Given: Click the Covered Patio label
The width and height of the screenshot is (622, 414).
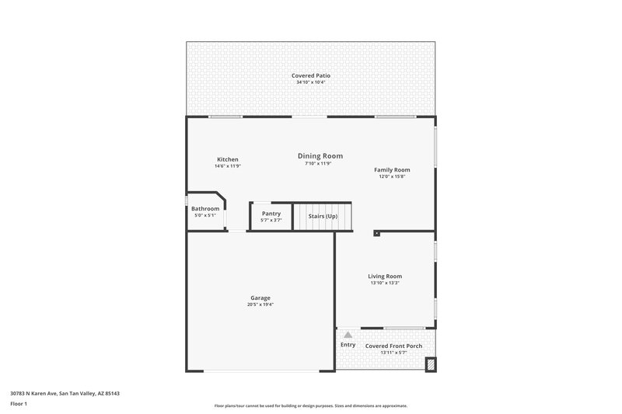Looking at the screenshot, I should point(311,75).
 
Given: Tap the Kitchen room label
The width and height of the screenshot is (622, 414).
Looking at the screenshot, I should point(228,159).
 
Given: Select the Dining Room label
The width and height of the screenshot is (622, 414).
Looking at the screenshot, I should point(320,156).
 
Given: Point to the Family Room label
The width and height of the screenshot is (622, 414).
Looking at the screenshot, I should point(392,169).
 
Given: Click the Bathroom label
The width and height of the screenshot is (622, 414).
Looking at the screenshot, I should point(205,208).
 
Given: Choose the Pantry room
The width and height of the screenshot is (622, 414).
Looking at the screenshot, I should point(271,217).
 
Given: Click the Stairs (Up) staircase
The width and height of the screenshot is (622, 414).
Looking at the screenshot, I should point(322,216).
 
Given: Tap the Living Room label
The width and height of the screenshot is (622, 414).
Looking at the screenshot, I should point(385,276).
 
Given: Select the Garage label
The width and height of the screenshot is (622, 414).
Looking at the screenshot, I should point(260,297).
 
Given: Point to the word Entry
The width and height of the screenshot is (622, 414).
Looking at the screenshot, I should point(348,345).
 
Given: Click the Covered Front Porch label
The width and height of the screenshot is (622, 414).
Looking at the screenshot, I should point(393,346).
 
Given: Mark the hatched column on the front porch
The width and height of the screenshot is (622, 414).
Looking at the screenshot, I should point(431,363).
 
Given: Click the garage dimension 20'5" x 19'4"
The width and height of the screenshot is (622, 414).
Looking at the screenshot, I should point(261,304).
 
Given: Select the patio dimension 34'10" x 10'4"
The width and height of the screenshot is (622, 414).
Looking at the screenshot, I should point(311,82).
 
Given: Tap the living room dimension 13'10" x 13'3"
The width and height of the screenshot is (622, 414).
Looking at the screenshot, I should point(385,283).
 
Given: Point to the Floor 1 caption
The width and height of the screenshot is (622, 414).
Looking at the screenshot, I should point(19,404).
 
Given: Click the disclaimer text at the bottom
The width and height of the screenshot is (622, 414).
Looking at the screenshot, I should point(310,405).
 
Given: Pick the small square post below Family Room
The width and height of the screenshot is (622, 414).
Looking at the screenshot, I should point(376,231).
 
